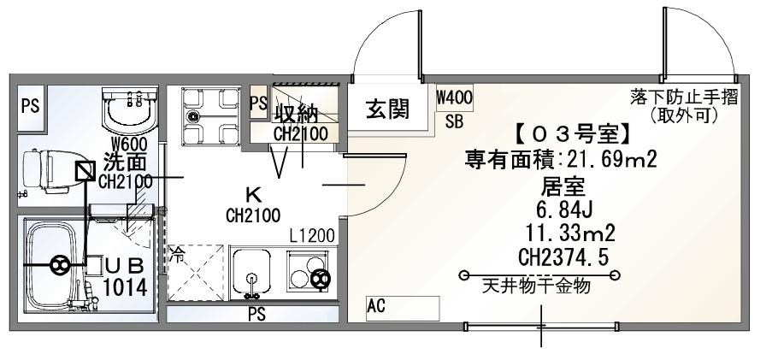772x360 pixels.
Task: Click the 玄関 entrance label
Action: click(x=387, y=109)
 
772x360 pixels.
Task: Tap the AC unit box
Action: click(x=403, y=309)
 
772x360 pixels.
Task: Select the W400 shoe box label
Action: click(x=454, y=97)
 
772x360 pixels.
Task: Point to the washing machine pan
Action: click(x=210, y=116)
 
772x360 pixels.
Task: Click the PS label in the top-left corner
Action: click(x=31, y=106)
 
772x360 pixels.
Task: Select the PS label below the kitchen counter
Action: click(x=256, y=314)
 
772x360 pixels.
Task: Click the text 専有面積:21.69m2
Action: click(x=562, y=160)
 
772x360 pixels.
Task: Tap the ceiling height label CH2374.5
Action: click(x=563, y=257)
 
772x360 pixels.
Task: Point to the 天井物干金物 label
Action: click(x=536, y=286)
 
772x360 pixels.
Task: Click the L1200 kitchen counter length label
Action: click(x=312, y=236)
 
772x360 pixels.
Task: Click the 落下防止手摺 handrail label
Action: click(x=684, y=97)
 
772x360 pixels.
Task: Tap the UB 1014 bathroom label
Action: click(x=125, y=278)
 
